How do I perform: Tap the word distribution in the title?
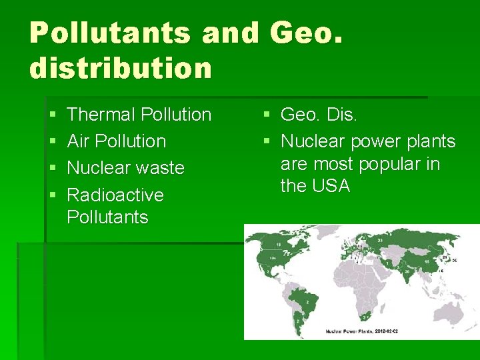point(121,67)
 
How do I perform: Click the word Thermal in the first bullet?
point(100,115)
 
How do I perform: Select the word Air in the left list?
point(79,141)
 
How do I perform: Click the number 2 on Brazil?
point(306,301)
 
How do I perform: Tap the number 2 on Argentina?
point(297,322)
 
